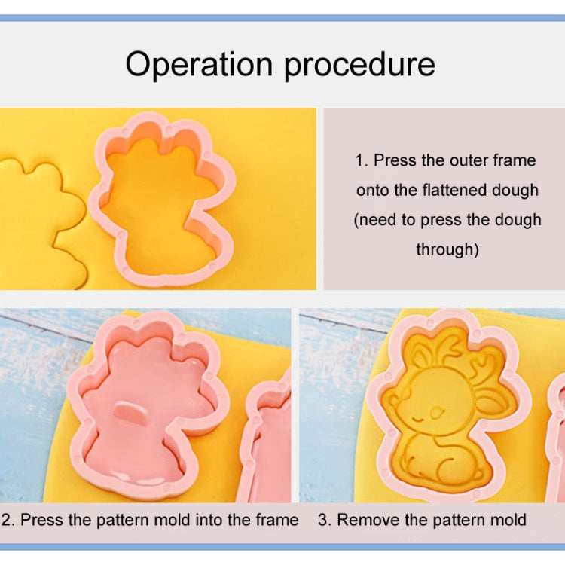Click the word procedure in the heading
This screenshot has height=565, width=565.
[359, 66]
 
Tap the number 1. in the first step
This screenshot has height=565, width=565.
[362, 160]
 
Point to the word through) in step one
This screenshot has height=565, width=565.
[447, 249]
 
